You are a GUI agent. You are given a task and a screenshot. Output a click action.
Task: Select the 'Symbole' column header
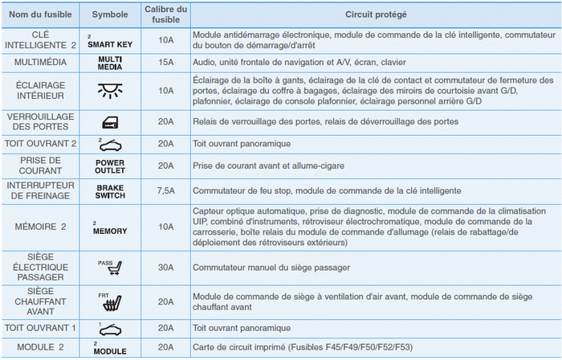coord(109,15)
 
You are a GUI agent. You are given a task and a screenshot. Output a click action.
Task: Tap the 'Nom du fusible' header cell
coord(40,15)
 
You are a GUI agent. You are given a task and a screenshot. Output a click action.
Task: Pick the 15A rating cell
coord(165,61)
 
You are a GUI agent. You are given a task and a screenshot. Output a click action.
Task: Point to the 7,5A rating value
coord(165,190)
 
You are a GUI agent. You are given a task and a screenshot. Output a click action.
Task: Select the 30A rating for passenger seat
coord(165,267)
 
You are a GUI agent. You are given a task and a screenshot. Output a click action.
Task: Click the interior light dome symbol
coord(109,90)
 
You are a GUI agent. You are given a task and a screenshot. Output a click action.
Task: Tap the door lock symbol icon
coord(109,122)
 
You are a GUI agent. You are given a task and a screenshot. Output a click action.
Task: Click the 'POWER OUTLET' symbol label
coord(110,166)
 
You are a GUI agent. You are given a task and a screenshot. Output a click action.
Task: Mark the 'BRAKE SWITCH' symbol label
coord(110,191)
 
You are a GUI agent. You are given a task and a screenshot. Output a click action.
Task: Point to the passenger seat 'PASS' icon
coord(109,268)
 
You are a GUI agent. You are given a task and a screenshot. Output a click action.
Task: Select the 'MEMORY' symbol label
coord(110,230)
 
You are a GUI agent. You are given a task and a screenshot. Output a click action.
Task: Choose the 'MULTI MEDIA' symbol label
coord(110,62)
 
